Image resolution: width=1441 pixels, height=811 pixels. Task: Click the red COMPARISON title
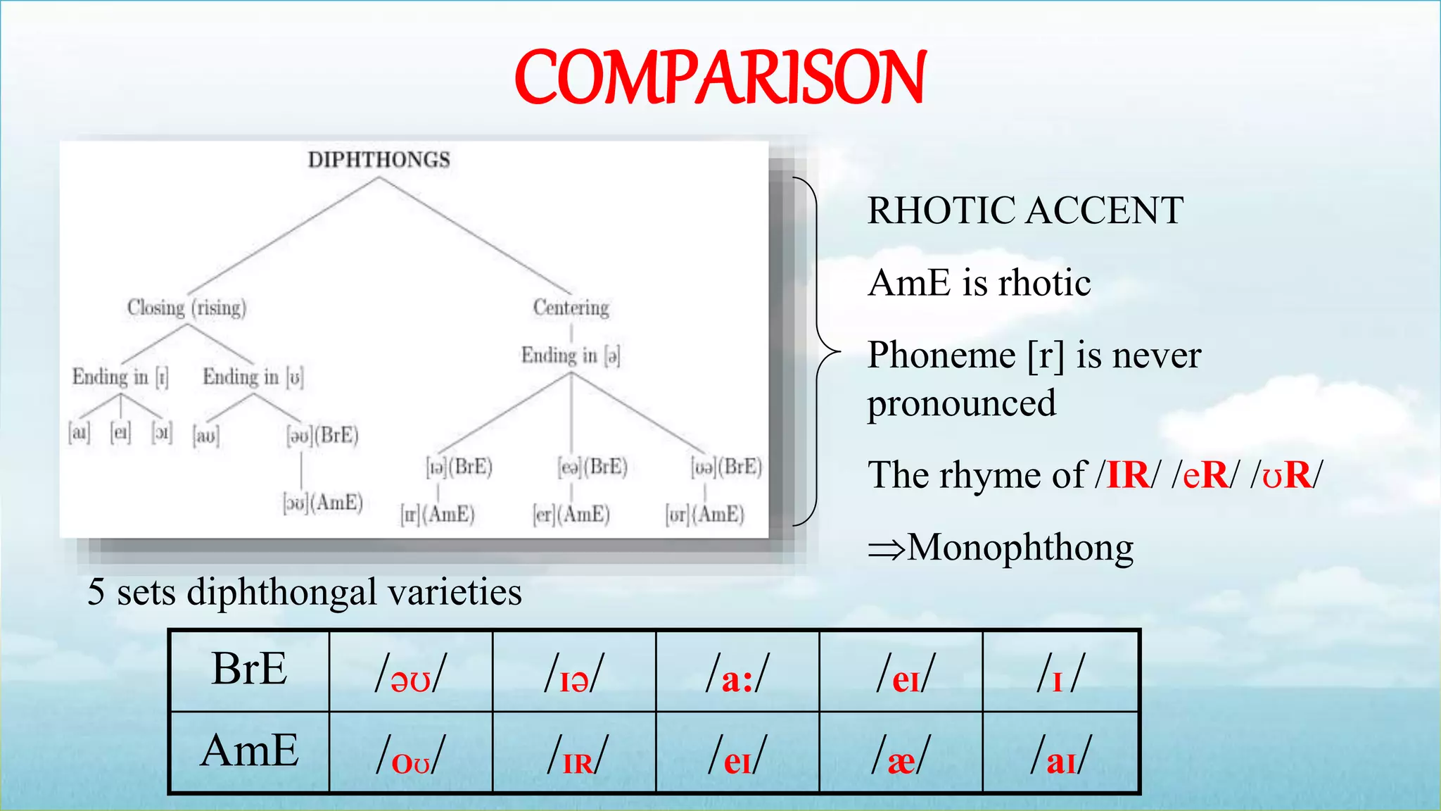pos(720,78)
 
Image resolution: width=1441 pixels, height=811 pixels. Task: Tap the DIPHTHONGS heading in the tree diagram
pos(379,160)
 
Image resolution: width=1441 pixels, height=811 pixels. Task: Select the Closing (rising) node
pos(186,308)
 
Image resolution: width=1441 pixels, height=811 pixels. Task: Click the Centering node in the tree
pos(571,308)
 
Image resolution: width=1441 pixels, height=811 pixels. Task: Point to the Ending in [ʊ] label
pos(253,377)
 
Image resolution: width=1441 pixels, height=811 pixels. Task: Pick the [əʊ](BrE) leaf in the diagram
pos(323,435)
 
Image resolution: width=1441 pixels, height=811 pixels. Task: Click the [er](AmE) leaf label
pos(571,515)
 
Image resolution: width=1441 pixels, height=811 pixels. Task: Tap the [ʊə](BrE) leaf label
pos(726,467)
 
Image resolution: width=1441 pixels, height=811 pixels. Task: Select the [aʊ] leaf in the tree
pos(206,436)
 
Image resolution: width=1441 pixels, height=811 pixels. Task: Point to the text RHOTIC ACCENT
pos(1025,210)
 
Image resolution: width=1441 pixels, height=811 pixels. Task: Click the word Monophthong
pos(1020,547)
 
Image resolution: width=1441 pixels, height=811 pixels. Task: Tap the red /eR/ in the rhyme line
pos(1205,474)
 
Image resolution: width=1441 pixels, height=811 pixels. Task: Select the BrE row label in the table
pos(249,669)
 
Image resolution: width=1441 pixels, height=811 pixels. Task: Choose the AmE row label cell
pos(249,751)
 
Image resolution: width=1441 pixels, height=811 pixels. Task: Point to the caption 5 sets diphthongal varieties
pos(304,591)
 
